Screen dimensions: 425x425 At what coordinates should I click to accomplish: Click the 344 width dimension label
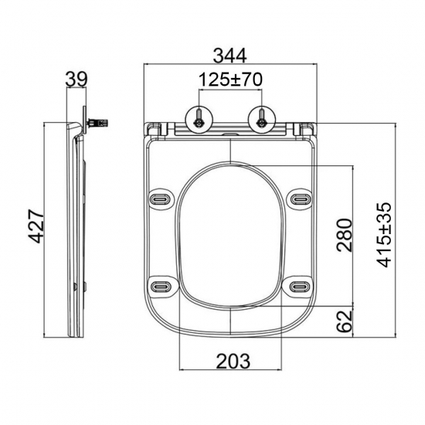click(x=229, y=56)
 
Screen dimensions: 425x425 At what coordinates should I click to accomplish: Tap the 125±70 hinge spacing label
click(x=230, y=80)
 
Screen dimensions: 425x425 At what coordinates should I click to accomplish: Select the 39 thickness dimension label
click(x=76, y=80)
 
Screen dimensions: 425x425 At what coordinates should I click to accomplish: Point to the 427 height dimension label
click(x=36, y=226)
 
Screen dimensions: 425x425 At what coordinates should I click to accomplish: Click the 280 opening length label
click(x=344, y=235)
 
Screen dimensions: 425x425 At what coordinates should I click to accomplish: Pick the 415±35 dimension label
click(x=384, y=234)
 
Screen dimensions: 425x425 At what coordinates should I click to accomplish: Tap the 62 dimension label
click(x=344, y=321)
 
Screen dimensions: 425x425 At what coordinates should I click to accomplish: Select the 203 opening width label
click(x=233, y=361)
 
